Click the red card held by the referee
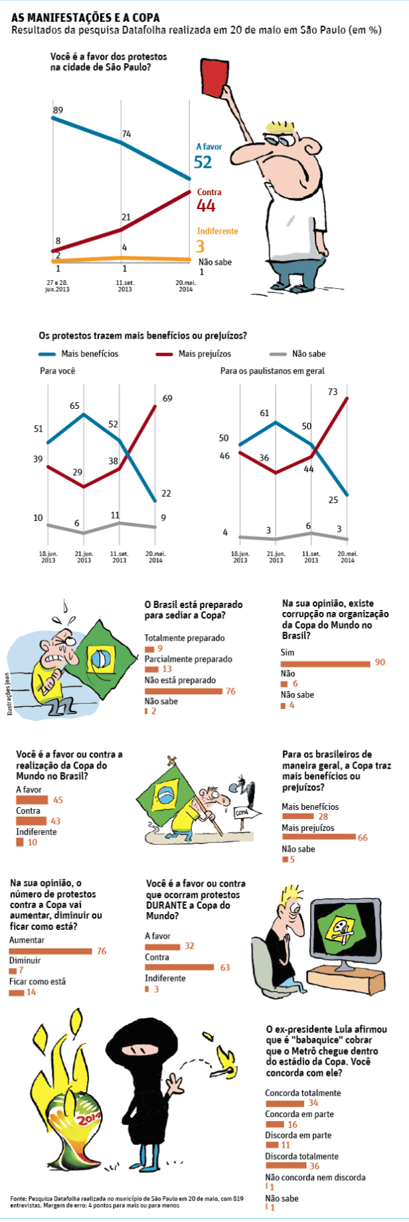pos(212,76)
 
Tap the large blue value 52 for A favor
pos(203,162)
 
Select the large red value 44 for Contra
pos(206,206)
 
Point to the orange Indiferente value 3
pos(201,246)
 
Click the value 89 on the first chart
pos(58,110)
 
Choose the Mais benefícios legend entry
pos(78,354)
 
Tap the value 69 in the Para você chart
pos(167,398)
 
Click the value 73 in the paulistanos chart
pos(333,392)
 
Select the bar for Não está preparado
pos(183,691)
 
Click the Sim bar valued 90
pos(325,663)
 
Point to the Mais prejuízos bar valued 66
pos(319,837)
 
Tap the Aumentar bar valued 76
pos(50,951)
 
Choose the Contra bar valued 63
pos(179,967)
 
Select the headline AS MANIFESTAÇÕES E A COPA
pos(86,18)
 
